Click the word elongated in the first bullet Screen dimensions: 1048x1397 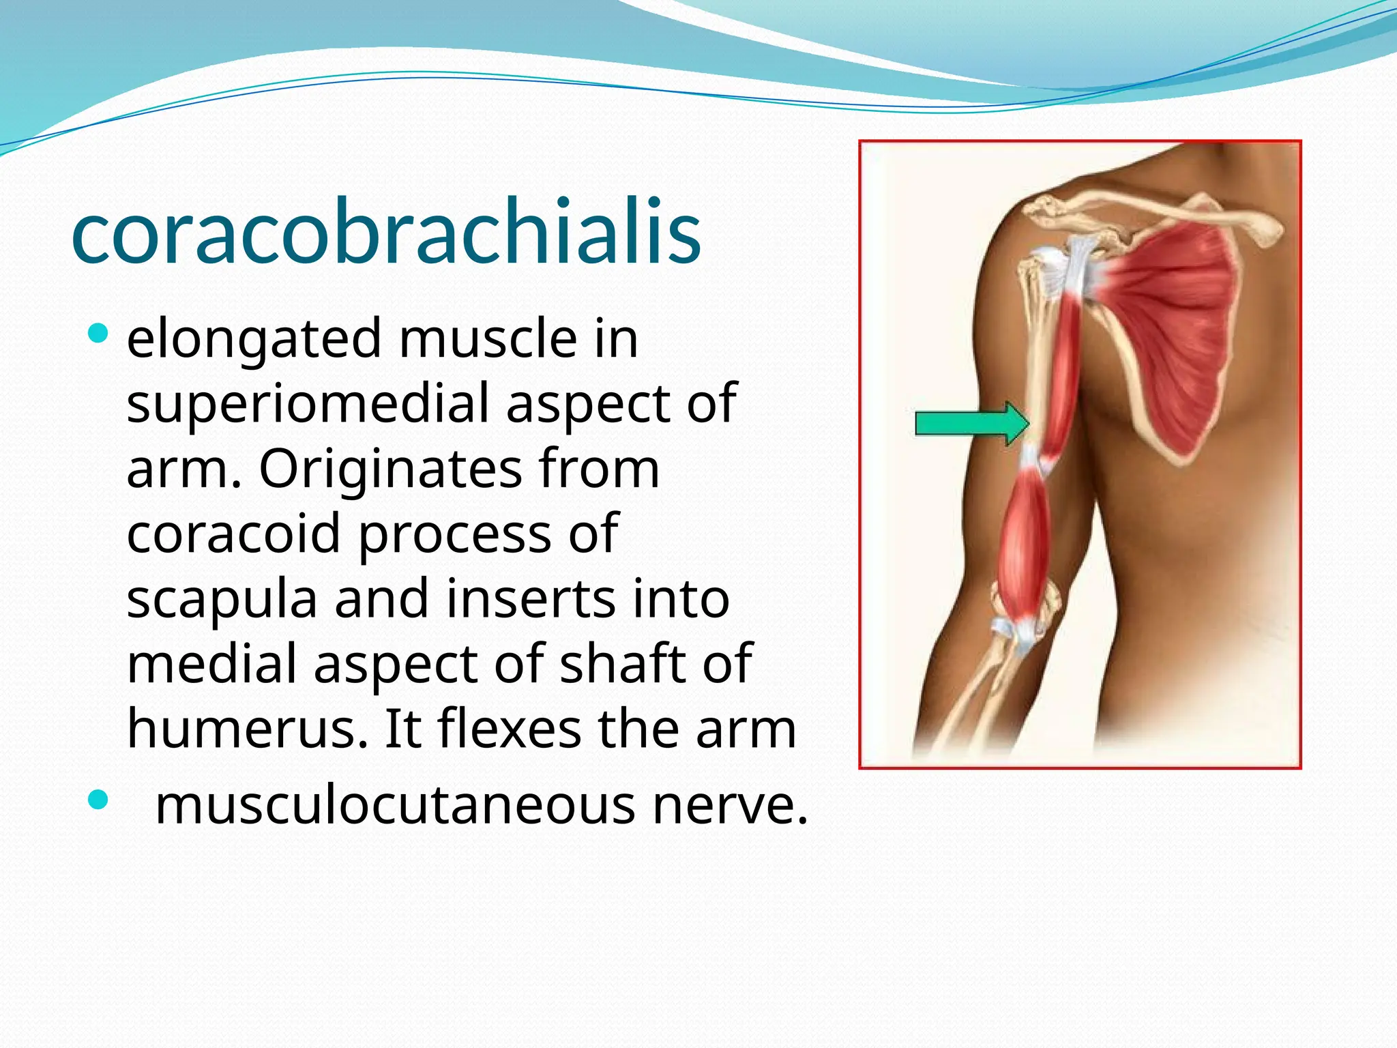(x=254, y=339)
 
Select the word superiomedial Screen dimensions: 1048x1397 (x=307, y=404)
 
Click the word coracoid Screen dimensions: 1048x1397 (x=233, y=534)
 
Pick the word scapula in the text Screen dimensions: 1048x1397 (x=222, y=599)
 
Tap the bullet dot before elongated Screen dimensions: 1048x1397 (x=98, y=334)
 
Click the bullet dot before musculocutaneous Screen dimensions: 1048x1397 (x=98, y=800)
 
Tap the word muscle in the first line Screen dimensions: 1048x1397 (x=488, y=339)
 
